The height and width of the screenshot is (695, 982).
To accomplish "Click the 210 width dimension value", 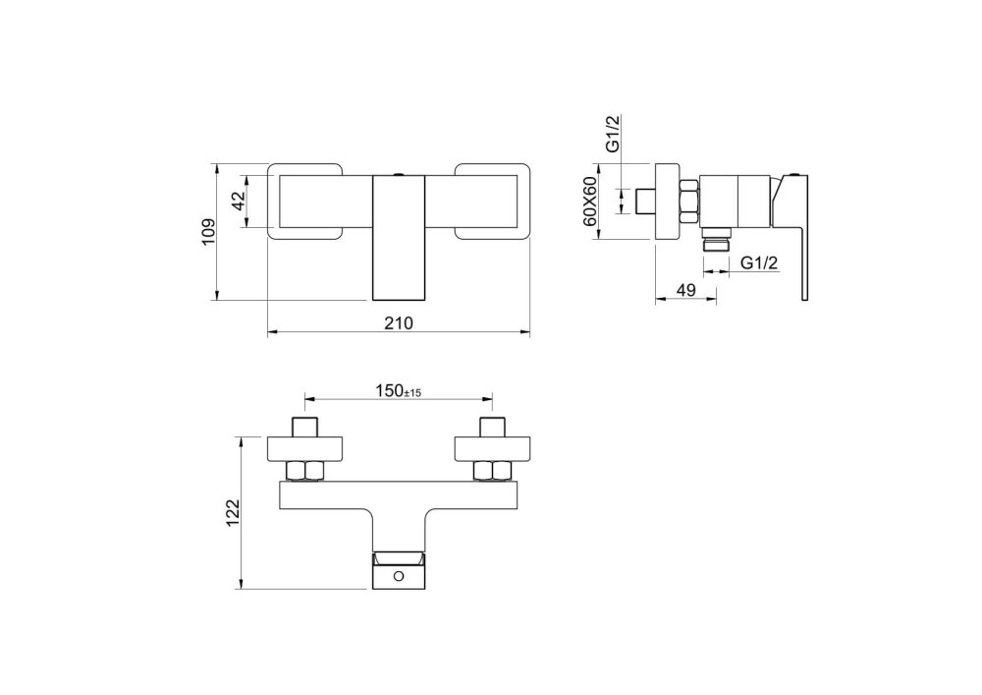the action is pos(399,322).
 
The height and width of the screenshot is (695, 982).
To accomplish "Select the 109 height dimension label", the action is pos(208,232).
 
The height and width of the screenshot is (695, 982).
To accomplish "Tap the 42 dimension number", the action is pos(239,201).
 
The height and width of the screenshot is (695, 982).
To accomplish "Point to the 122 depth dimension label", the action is pos(233,512).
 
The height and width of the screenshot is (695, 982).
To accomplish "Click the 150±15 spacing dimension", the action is pos(399,391).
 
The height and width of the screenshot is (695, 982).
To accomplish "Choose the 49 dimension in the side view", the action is pos(686,290).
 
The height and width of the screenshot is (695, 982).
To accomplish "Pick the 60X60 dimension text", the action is pos(589,202).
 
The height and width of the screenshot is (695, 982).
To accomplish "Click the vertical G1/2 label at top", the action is pos(613,134).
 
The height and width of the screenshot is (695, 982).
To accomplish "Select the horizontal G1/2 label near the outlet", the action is pos(759,262).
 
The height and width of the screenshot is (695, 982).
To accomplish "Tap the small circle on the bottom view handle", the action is pos(400,575).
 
